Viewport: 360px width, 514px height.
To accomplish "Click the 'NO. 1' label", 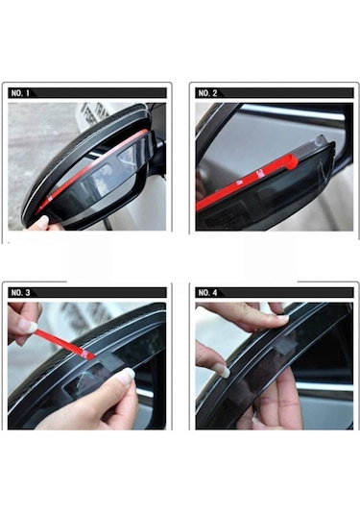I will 19,93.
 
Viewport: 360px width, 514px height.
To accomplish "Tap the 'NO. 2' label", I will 206,93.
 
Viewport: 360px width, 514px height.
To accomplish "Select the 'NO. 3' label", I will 19,292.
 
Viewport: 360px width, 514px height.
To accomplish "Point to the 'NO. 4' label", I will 206,292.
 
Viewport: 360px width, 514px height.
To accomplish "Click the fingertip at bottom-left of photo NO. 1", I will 40,223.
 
